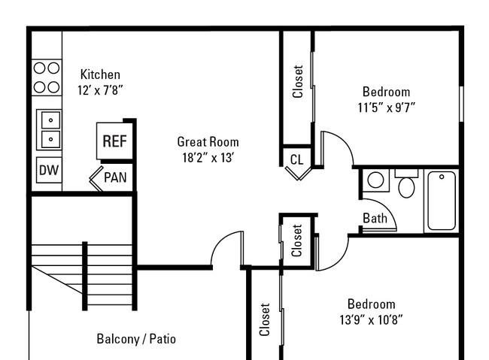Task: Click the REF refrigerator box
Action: click(x=115, y=141)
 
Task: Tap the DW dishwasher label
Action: click(x=49, y=170)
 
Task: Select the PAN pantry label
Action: click(x=115, y=177)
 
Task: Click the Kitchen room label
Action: click(x=100, y=74)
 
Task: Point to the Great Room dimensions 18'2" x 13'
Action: click(x=208, y=158)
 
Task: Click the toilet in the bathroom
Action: click(x=406, y=184)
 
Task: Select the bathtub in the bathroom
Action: click(x=442, y=201)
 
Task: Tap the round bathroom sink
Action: click(x=375, y=180)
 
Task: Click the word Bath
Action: click(x=375, y=218)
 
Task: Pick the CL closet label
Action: click(x=296, y=160)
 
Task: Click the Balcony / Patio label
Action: click(x=136, y=339)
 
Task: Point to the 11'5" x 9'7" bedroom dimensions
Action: click(x=387, y=107)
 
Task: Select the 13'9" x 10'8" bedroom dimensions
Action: click(x=371, y=320)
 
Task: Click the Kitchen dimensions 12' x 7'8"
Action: click(x=100, y=90)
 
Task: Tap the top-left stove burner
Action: click(x=39, y=68)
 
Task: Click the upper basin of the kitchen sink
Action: click(x=50, y=120)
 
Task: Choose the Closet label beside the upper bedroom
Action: click(x=297, y=82)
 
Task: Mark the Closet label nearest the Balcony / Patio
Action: click(x=265, y=319)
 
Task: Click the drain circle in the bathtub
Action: click(x=442, y=177)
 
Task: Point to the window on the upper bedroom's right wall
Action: click(x=462, y=104)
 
